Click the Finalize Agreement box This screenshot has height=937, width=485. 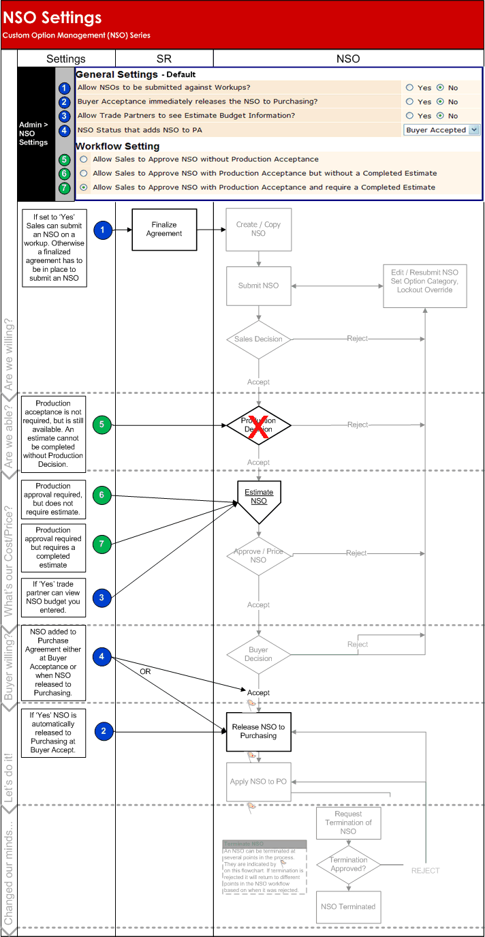(x=164, y=229)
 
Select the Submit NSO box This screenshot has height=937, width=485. (x=258, y=286)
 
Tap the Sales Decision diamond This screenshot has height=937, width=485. (x=258, y=339)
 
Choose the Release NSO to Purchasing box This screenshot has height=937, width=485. (x=258, y=731)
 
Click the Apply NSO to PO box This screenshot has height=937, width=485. (x=258, y=782)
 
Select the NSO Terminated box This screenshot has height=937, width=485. (x=348, y=906)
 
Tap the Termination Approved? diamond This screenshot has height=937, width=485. (x=348, y=865)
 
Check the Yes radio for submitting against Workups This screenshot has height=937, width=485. (x=409, y=87)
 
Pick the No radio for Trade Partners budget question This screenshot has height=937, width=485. (x=440, y=116)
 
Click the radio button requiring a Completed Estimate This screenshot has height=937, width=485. (x=83, y=187)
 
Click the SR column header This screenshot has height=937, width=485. (x=164, y=59)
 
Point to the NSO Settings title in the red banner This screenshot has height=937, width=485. (x=52, y=18)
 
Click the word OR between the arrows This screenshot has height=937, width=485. (x=145, y=671)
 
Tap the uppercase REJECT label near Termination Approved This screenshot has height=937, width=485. (x=425, y=870)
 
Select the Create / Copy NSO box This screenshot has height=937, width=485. (x=258, y=229)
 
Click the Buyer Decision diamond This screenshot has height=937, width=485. (x=258, y=654)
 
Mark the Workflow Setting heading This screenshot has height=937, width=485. (x=117, y=146)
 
